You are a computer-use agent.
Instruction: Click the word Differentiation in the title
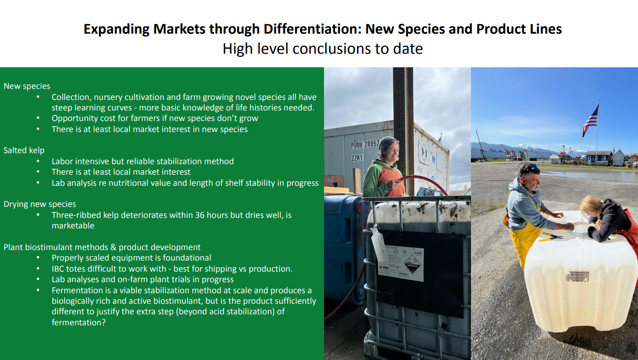pos(312,29)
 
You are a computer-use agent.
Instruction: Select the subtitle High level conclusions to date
pos(323,49)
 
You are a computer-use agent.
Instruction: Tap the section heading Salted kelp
pos(24,150)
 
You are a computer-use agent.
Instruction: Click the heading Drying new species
pos(40,204)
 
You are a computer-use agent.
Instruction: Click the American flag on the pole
pos(590,121)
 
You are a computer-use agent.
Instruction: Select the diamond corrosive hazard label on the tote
pos(412,264)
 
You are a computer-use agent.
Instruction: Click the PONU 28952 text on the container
pos(365,145)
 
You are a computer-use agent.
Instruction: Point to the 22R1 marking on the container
pos(357,158)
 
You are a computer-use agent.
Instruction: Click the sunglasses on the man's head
pos(530,168)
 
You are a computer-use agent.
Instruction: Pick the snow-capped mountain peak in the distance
pos(524,147)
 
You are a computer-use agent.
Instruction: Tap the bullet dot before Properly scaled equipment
pos(38,258)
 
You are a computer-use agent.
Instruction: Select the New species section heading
pos(27,86)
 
